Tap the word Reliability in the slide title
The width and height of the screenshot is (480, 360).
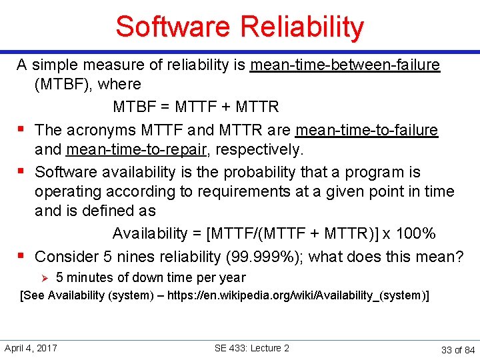tap(301, 27)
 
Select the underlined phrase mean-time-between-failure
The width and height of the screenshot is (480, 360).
tap(345, 65)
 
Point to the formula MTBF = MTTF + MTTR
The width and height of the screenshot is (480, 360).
tap(196, 107)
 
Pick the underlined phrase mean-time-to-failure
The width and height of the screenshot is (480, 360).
tap(367, 130)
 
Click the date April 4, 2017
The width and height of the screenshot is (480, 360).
tap(31, 348)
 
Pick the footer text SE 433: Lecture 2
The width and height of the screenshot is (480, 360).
tap(252, 348)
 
